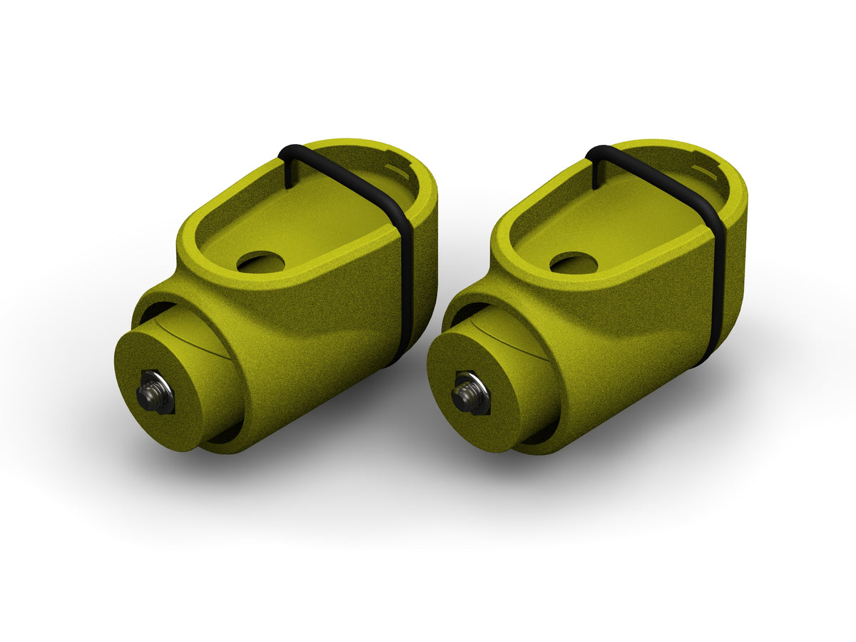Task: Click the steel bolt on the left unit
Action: tap(156, 392)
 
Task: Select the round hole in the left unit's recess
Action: tap(260, 263)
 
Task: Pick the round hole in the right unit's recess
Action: tap(574, 263)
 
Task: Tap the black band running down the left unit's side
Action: tap(406, 285)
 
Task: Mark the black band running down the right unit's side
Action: tap(718, 285)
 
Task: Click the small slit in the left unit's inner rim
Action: tap(397, 172)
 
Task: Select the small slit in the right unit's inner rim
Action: tap(704, 171)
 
